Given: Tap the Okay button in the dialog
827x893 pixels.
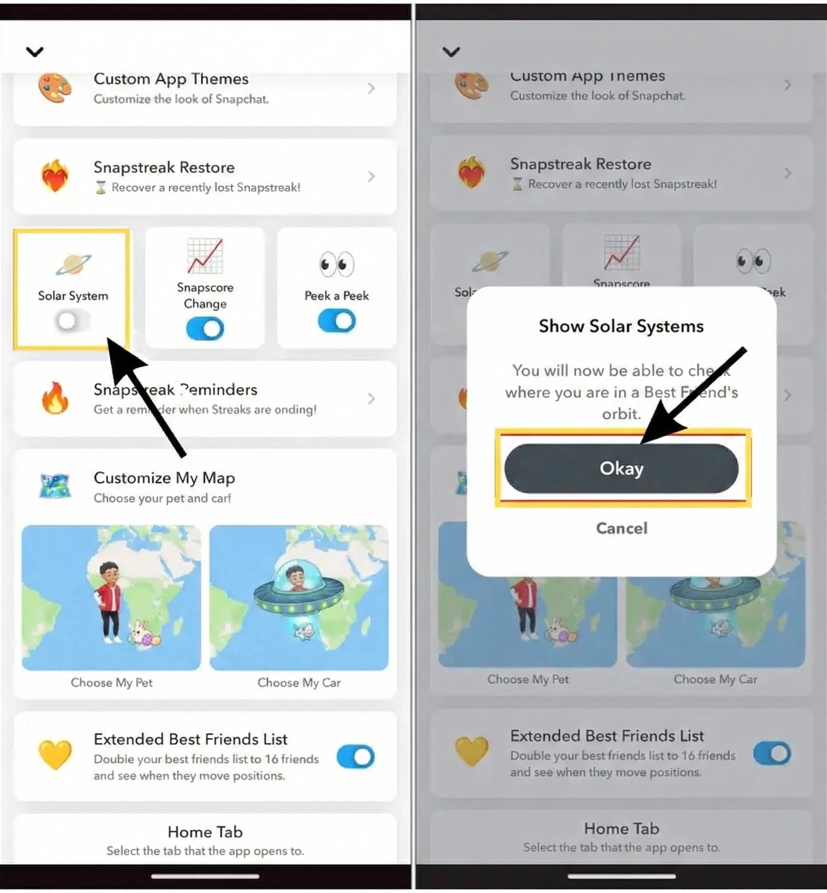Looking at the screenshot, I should point(621,468).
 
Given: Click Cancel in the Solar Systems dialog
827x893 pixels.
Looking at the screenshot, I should point(621,528).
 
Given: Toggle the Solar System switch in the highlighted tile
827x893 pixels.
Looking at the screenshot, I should point(72,321).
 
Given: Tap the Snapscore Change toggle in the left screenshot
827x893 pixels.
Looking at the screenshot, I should point(205,329).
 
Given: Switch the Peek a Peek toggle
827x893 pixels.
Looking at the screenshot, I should point(336,321).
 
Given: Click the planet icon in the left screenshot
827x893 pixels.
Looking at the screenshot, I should point(73,264).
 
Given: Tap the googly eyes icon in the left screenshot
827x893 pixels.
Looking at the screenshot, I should point(336,264).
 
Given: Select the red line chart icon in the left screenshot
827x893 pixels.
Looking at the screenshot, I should point(205,256).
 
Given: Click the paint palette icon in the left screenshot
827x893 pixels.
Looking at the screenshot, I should point(55,88).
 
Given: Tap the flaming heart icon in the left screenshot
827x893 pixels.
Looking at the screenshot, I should point(55,176).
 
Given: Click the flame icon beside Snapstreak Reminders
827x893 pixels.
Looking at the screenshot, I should point(55,398).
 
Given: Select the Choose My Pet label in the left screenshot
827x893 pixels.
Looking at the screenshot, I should point(111,682).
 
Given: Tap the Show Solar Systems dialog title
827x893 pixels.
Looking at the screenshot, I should point(621,326).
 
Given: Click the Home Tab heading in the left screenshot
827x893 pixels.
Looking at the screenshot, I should point(205,832).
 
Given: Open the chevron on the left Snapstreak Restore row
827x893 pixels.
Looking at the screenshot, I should point(371,176).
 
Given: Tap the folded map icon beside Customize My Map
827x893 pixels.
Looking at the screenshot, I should point(55,486).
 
